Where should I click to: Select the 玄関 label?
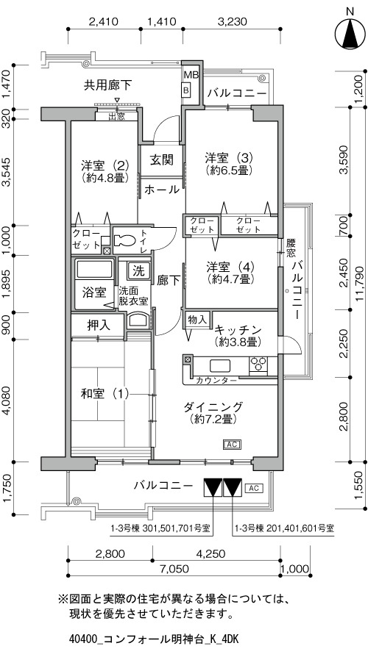pyautogui.click(x=161, y=159)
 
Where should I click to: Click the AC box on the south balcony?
pyautogui.click(x=253, y=488)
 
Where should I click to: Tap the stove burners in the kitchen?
pyautogui.click(x=258, y=363)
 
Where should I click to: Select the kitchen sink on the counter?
pyautogui.click(x=220, y=365)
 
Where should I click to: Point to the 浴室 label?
pyautogui.click(x=94, y=292)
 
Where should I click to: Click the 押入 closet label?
pyautogui.click(x=99, y=325)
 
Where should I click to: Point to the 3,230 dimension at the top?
pyautogui.click(x=232, y=21)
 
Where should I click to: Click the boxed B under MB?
pyautogui.click(x=186, y=89)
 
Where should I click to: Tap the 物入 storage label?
pyautogui.click(x=197, y=319)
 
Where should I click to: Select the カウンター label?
pyautogui.click(x=216, y=381)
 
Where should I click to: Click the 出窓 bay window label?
pyautogui.click(x=116, y=117)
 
